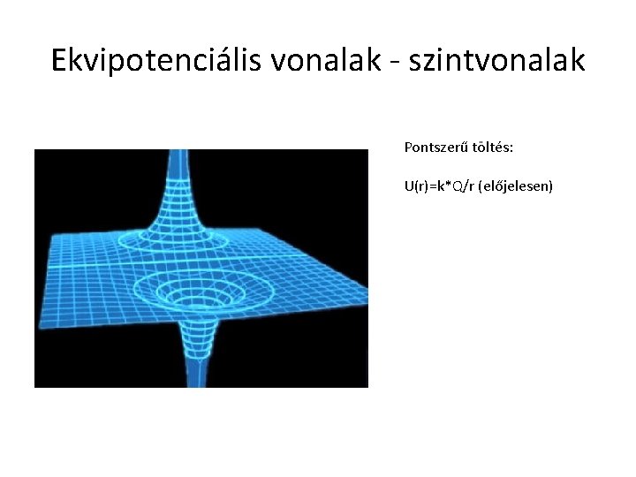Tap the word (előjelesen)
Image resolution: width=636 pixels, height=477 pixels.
(515, 187)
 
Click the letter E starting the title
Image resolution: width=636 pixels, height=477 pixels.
(59, 60)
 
